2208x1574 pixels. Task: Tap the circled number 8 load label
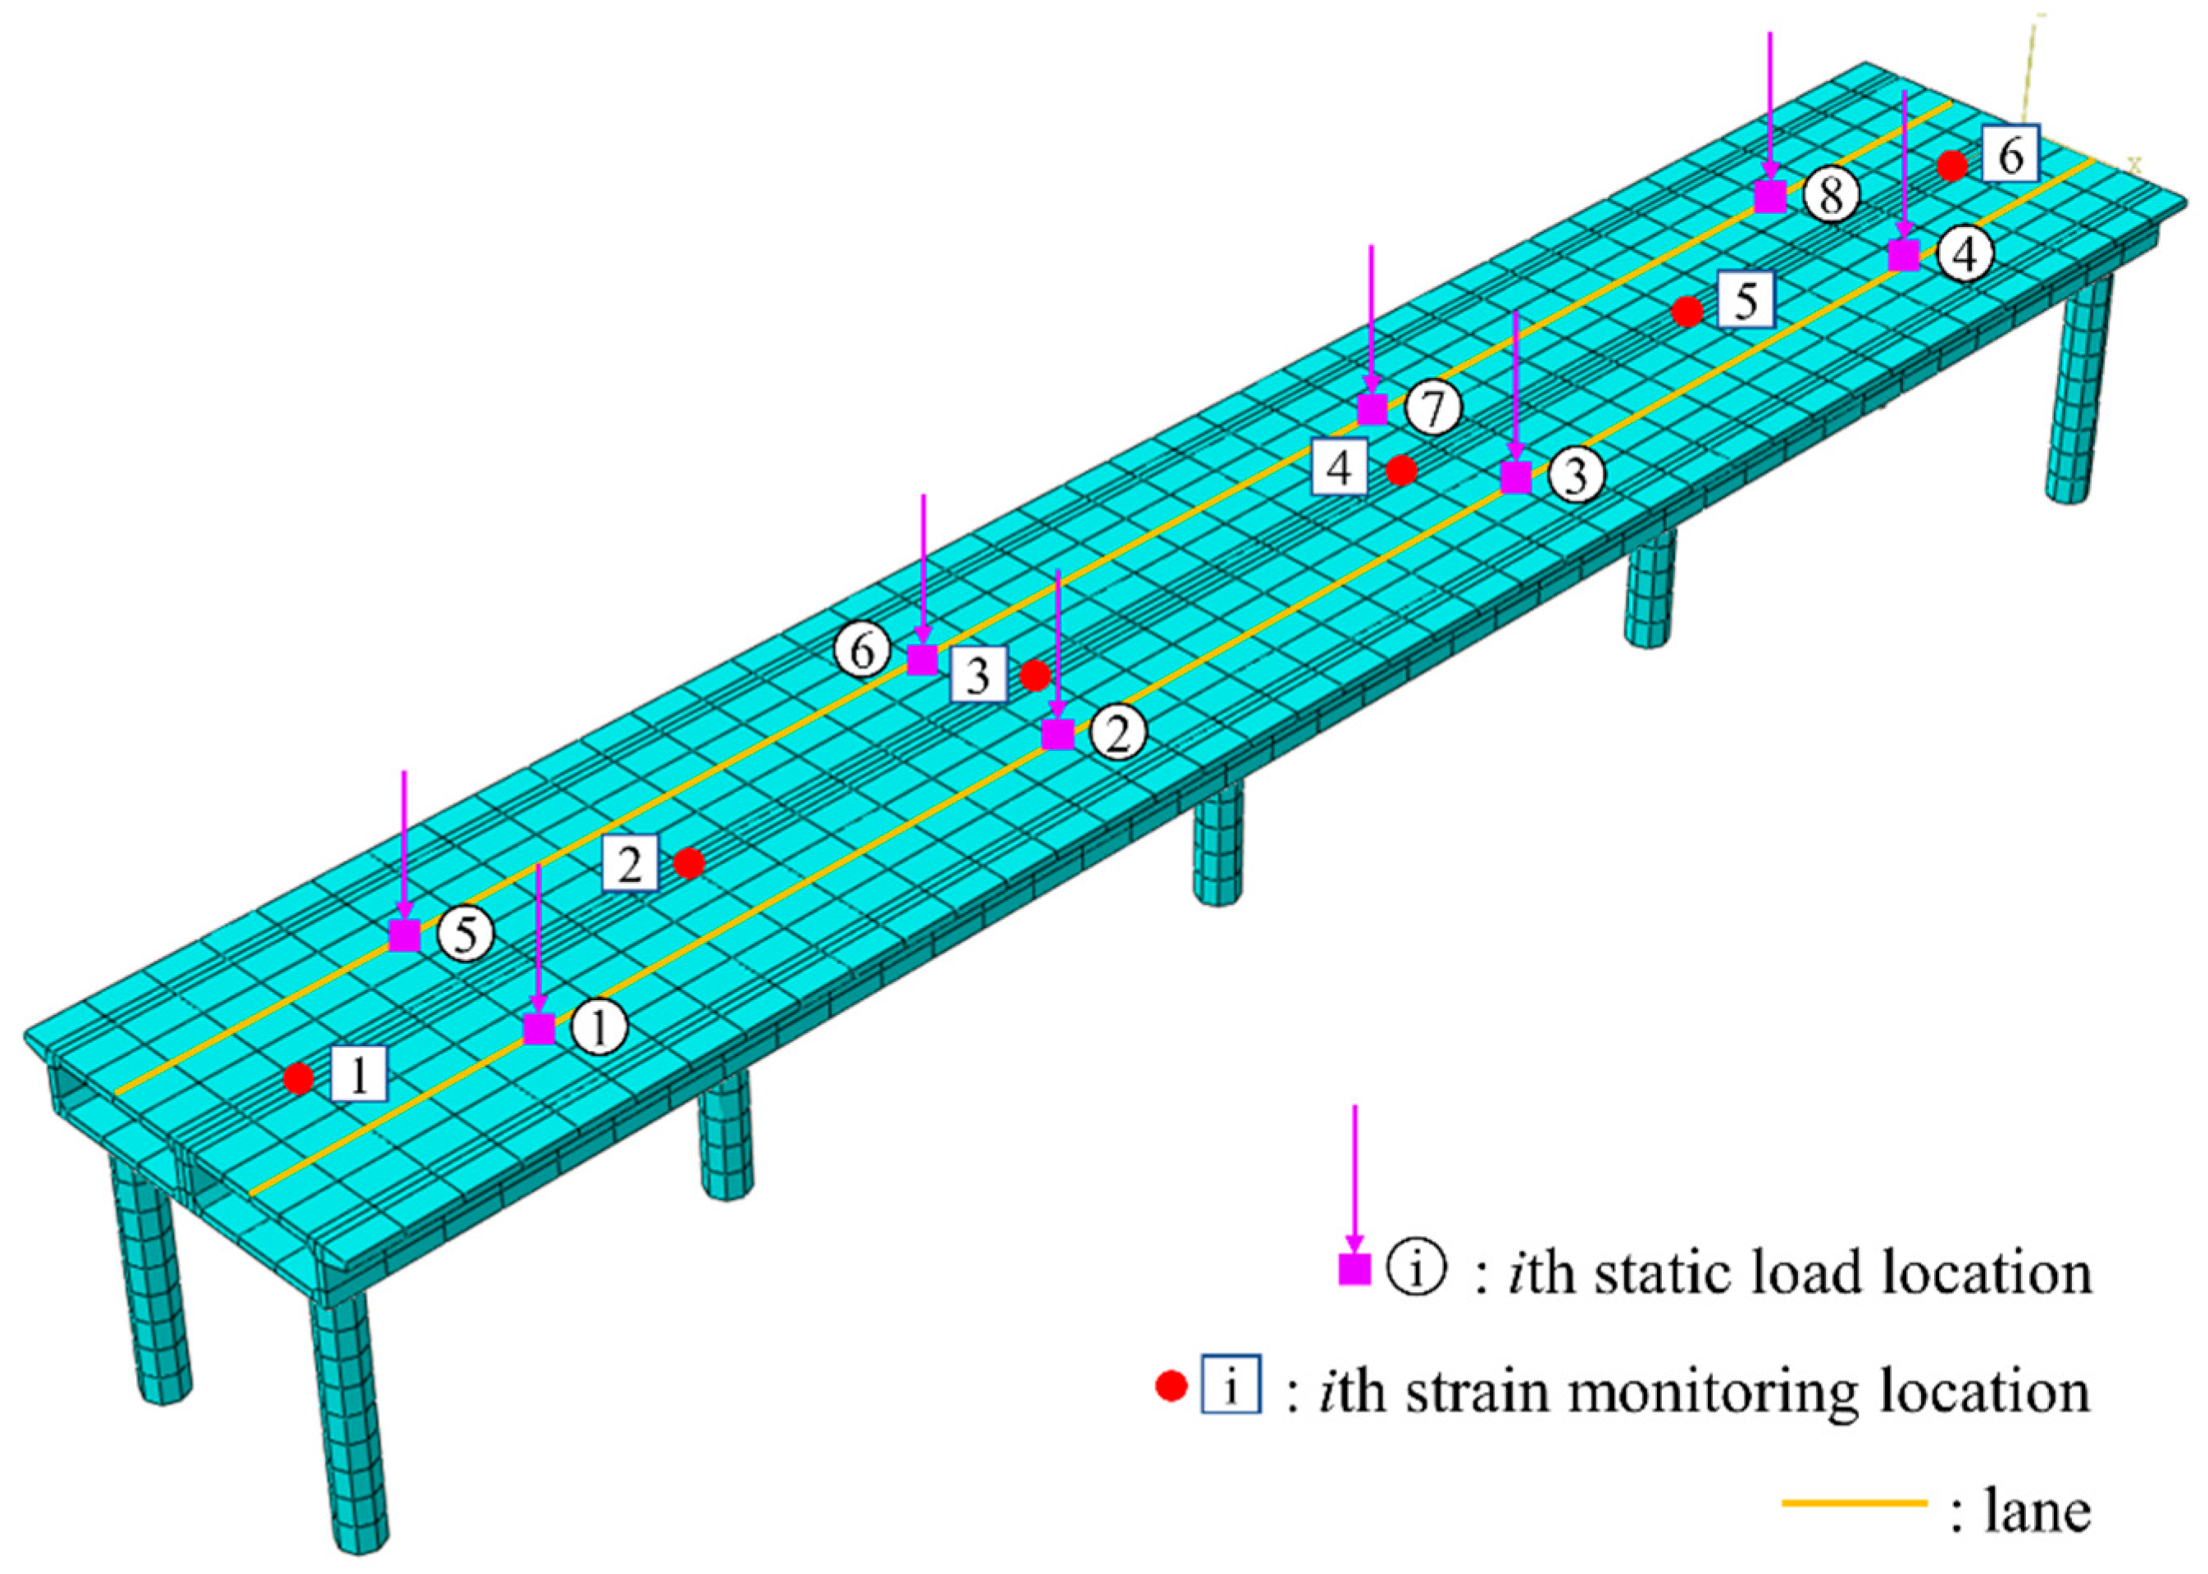1831,196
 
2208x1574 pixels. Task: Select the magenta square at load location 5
404,935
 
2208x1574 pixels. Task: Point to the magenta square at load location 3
1516,477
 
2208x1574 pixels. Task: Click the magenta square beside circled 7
1372,409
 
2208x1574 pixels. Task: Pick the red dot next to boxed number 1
298,1078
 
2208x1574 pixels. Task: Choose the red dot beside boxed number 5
1687,312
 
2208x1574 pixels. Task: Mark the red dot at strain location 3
1036,676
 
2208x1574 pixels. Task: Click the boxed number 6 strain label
2010,153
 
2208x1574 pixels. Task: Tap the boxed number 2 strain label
630,862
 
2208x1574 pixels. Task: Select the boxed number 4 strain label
1340,468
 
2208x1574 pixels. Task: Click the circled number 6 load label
863,650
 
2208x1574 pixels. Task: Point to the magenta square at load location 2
1058,734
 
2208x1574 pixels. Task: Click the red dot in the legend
1172,1388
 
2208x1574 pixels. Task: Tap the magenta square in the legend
1354,1270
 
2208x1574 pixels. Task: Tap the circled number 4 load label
1964,255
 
